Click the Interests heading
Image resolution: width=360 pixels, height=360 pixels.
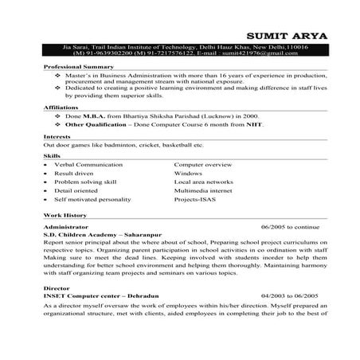(x=57, y=137)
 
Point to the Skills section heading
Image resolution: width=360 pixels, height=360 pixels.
(x=52, y=155)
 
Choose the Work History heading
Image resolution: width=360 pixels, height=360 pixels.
(x=65, y=216)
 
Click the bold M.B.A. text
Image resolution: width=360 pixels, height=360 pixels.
(x=99, y=116)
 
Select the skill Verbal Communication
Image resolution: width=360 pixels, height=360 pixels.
(x=87, y=163)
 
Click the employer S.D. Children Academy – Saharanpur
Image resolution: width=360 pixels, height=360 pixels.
(x=97, y=236)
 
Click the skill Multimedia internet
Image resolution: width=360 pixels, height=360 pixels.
(x=205, y=192)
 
